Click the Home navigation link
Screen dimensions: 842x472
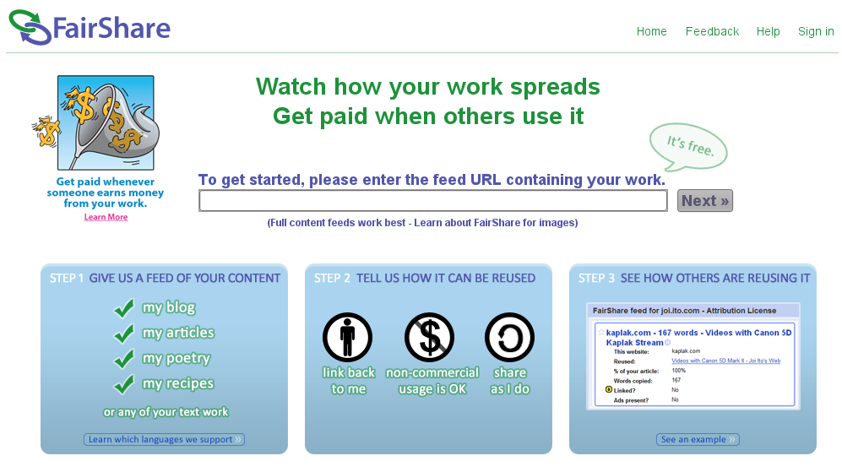(x=651, y=32)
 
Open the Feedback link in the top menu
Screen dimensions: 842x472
(x=712, y=32)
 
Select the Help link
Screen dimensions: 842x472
(x=768, y=32)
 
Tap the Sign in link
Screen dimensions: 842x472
(x=816, y=32)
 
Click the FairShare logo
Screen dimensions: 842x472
(x=90, y=27)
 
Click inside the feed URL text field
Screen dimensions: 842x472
(x=432, y=201)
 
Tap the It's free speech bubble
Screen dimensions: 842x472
(x=688, y=147)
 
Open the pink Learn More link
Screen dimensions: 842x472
(x=106, y=217)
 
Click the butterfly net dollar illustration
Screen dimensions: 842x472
(x=96, y=122)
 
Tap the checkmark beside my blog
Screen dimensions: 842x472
(x=124, y=307)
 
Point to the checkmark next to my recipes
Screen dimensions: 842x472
(x=124, y=384)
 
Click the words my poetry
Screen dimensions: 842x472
(x=177, y=358)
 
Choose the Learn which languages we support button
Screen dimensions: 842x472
(x=165, y=439)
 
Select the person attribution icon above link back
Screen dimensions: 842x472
(x=347, y=337)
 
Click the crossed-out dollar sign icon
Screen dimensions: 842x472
(x=429, y=337)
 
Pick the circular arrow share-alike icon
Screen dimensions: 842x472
(x=509, y=337)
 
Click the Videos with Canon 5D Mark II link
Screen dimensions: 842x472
(x=726, y=361)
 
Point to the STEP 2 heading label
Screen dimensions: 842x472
(x=332, y=278)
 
